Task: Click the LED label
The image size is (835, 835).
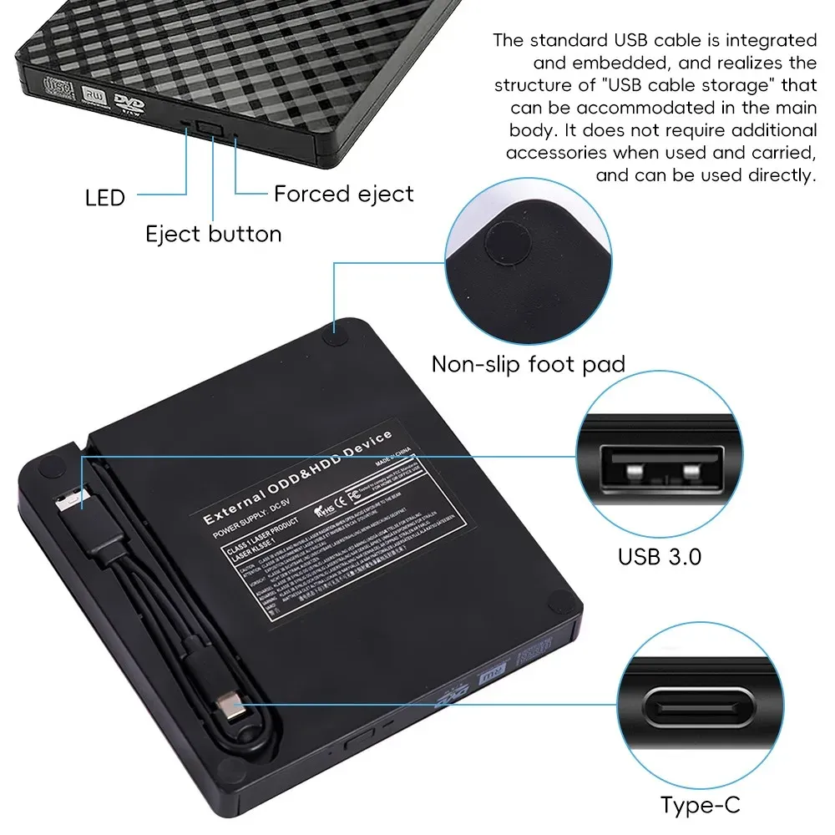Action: tap(105, 198)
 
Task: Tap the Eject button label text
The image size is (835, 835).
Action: tap(214, 234)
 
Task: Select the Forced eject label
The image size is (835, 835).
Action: tap(344, 195)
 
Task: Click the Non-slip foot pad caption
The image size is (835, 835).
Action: tap(529, 364)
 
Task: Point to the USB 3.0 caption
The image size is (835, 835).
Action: tap(660, 556)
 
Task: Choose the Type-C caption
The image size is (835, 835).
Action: tap(700, 806)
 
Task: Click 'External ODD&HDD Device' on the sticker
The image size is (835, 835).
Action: tap(298, 478)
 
